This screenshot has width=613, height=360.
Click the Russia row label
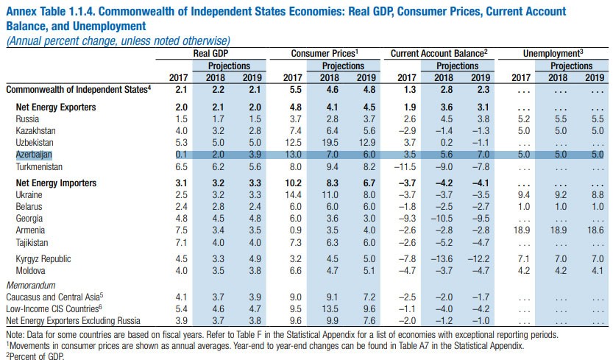click(27, 118)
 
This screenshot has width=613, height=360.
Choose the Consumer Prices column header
click(324, 54)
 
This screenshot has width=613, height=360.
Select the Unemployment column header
click(553, 54)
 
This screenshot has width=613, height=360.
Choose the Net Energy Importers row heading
click(55, 182)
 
